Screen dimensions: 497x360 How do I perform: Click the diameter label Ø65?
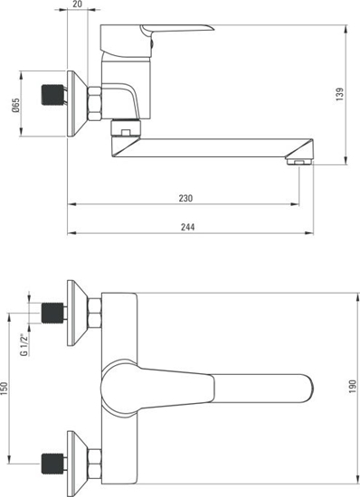(17, 106)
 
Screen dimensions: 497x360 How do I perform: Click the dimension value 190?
(354, 387)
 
